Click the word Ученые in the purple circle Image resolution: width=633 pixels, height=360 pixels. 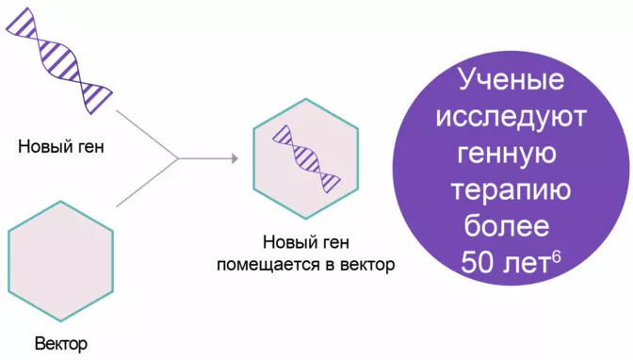[511, 81]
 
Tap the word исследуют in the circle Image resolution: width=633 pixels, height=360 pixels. [511, 118]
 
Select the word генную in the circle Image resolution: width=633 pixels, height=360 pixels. [511, 154]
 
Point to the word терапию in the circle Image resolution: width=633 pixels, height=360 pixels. [511, 190]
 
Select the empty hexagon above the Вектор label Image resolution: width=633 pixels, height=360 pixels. [60, 260]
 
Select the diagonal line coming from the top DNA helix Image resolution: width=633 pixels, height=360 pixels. [146, 135]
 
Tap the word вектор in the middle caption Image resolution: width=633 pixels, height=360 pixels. [362, 264]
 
